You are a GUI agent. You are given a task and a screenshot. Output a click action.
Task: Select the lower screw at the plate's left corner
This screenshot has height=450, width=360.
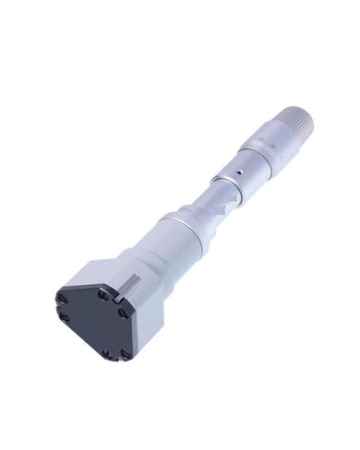coord(60,317)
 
